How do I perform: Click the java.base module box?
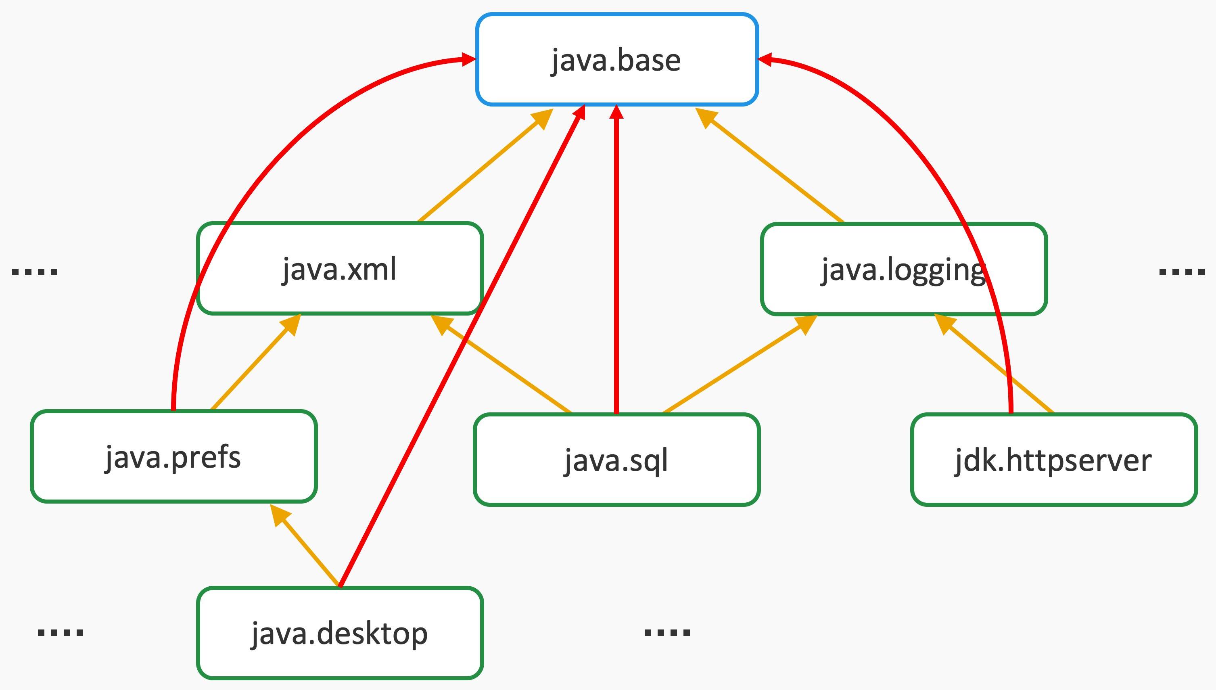[617, 60]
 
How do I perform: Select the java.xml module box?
[340, 269]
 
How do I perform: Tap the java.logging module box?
[903, 269]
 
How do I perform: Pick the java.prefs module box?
[173, 456]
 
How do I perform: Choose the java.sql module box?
[616, 460]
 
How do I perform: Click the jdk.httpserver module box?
[1053, 460]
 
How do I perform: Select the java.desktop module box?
[340, 633]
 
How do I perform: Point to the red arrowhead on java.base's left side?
[468, 59]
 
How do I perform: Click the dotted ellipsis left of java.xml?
[35, 272]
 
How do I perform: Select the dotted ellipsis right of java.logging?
[1181, 272]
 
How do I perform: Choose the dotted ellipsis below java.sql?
[667, 632]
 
